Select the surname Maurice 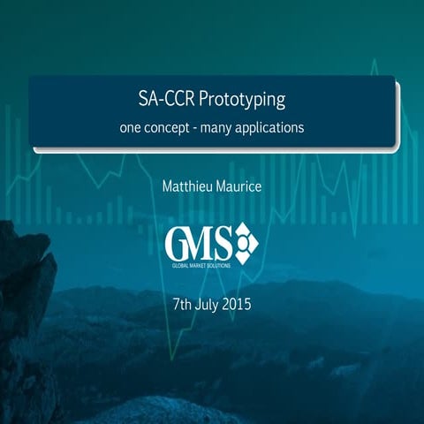238,186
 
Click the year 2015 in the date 234,305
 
